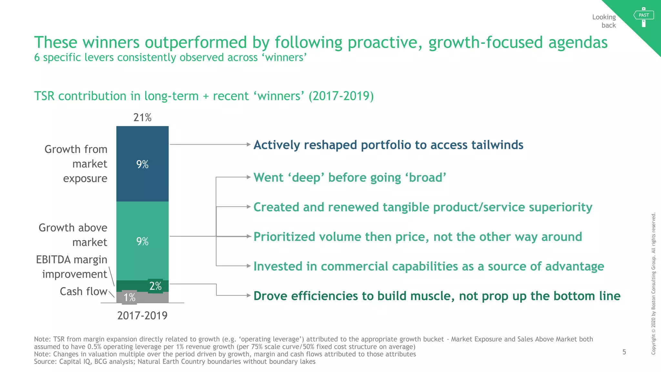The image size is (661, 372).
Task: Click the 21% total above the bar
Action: (142, 118)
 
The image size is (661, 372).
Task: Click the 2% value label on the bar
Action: (156, 286)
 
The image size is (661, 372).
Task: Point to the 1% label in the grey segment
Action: (129, 297)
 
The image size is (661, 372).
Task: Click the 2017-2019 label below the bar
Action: (142, 315)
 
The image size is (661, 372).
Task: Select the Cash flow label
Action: (83, 292)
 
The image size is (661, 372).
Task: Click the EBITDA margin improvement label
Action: (72, 267)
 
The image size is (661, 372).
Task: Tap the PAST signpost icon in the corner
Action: (644, 16)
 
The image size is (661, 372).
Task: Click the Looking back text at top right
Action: (604, 21)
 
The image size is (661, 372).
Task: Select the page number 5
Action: (624, 352)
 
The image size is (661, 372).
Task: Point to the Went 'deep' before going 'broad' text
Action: (350, 178)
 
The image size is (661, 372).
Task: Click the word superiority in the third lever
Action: (558, 207)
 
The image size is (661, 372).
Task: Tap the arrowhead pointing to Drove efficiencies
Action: (249, 295)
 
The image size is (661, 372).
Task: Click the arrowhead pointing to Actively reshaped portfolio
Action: (249, 144)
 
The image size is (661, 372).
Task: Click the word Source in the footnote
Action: (45, 362)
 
